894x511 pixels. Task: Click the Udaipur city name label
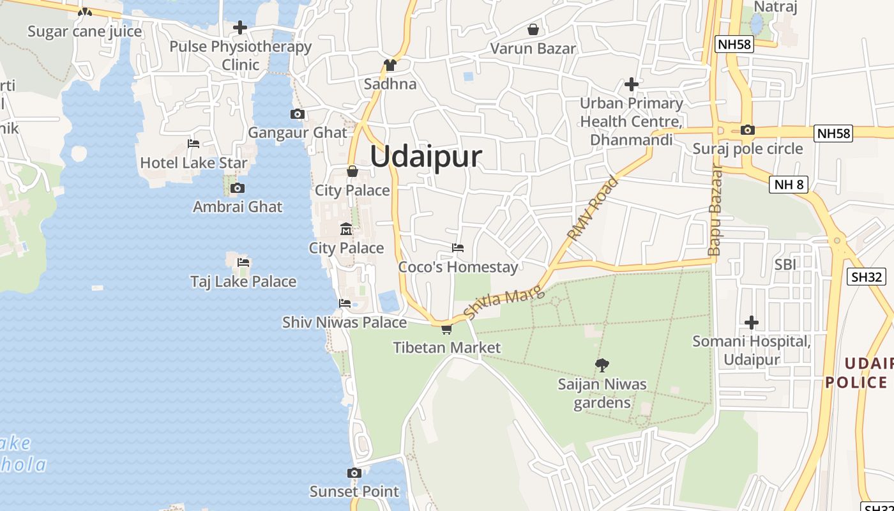pyautogui.click(x=425, y=156)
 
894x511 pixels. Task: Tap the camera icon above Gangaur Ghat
pyautogui.click(x=297, y=114)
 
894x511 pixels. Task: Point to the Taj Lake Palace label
pyautogui.click(x=243, y=282)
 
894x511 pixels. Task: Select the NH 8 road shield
pyautogui.click(x=789, y=185)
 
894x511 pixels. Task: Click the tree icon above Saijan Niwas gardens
pyautogui.click(x=602, y=365)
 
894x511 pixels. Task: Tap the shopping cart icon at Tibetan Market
pyautogui.click(x=446, y=329)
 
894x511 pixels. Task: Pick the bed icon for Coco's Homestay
pyautogui.click(x=457, y=248)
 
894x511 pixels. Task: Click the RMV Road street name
pyautogui.click(x=593, y=209)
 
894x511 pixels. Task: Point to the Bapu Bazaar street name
pyautogui.click(x=715, y=210)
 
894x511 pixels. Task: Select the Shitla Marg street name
pyautogui.click(x=504, y=302)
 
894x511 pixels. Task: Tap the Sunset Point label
pyautogui.click(x=354, y=491)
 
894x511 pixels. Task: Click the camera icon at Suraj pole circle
pyautogui.click(x=747, y=130)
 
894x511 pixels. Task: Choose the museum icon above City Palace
pyautogui.click(x=346, y=229)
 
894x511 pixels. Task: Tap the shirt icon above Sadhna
pyautogui.click(x=390, y=65)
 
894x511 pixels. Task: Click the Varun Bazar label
pyautogui.click(x=533, y=49)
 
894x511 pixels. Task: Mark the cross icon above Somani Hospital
pyautogui.click(x=752, y=323)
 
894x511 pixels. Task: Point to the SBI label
pyautogui.click(x=785, y=264)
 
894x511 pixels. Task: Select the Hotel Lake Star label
pyautogui.click(x=193, y=163)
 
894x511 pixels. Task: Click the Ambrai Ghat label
pyautogui.click(x=238, y=207)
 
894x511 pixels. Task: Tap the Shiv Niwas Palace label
pyautogui.click(x=344, y=323)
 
